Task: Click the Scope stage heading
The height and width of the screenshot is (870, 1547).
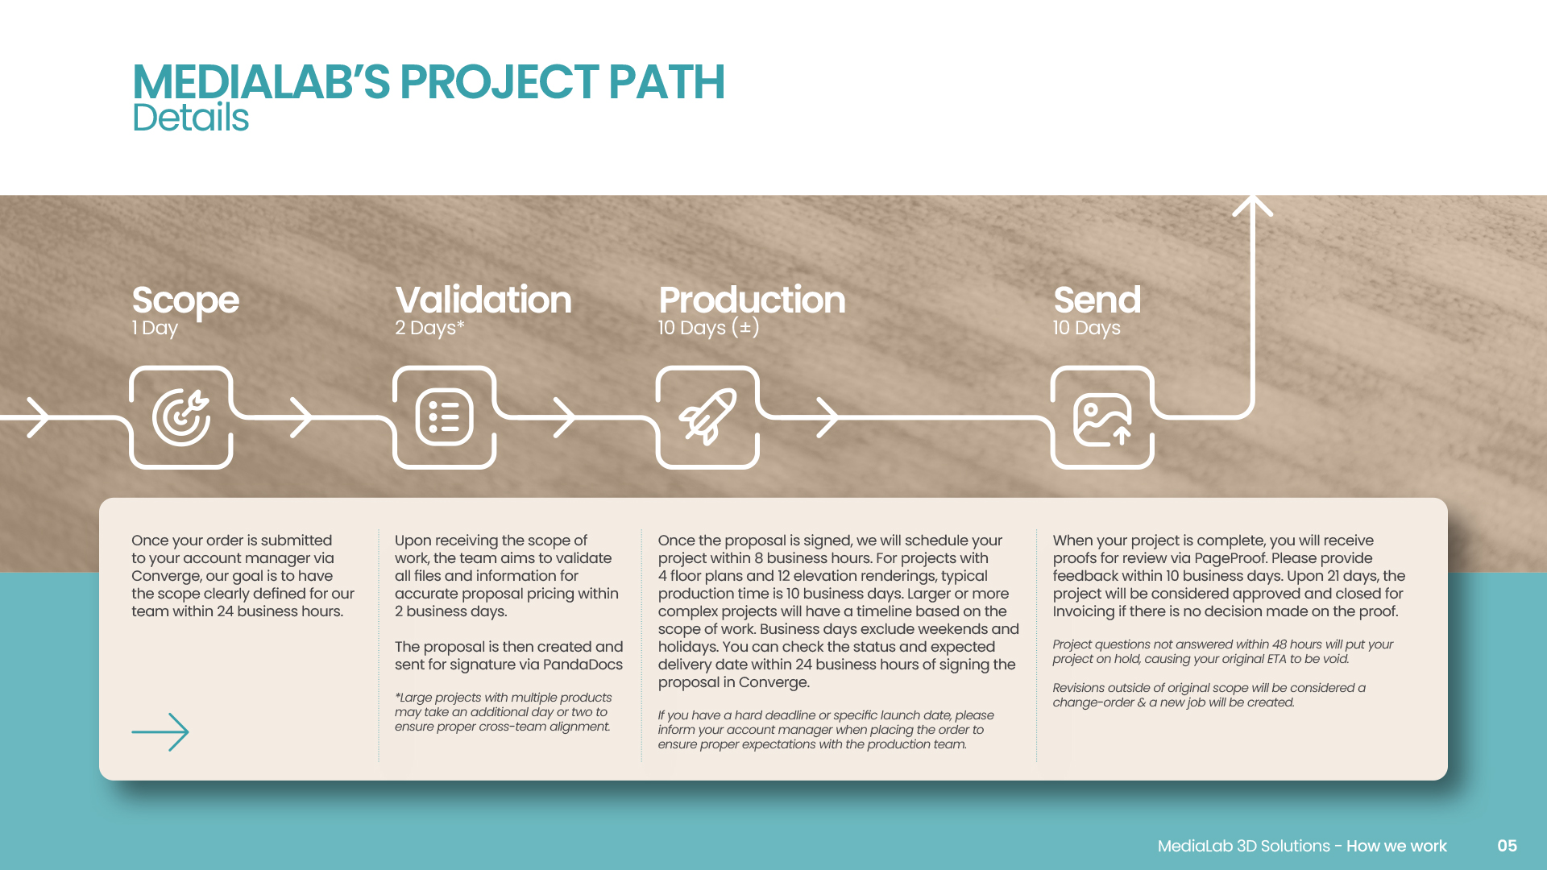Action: [185, 300]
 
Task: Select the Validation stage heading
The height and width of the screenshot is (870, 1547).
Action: [483, 300]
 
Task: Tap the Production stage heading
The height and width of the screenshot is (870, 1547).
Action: [752, 300]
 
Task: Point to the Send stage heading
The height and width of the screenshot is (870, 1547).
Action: [1097, 300]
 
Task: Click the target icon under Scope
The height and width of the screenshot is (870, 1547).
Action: [181, 417]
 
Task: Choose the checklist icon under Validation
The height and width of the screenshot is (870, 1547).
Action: [444, 417]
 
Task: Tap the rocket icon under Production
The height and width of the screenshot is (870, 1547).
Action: [707, 416]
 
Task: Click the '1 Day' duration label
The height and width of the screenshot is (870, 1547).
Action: [155, 328]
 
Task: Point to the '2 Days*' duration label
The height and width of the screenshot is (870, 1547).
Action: [429, 328]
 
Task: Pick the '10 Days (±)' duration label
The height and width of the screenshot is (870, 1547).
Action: [708, 328]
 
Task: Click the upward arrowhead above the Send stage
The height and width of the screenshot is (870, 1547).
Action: [1253, 206]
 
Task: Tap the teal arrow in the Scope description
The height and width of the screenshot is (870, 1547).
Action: [160, 732]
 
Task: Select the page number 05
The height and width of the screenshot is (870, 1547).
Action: [1507, 846]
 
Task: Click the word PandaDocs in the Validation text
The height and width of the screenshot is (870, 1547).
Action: [583, 665]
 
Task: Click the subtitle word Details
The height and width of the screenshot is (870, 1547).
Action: [190, 118]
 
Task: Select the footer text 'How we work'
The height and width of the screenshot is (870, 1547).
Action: [1396, 846]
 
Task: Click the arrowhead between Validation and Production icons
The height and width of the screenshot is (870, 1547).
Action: [565, 417]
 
